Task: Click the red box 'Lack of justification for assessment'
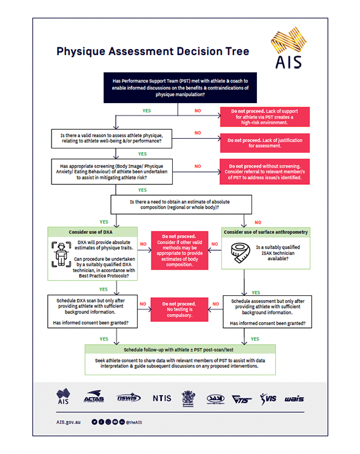pyautogui.click(x=263, y=143)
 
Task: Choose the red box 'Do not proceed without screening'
pyautogui.click(x=263, y=172)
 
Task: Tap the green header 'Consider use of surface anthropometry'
pyautogui.click(x=265, y=232)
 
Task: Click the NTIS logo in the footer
pyautogui.click(x=162, y=398)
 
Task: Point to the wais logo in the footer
pyautogui.click(x=294, y=398)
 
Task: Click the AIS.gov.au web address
pyautogui.click(x=68, y=421)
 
